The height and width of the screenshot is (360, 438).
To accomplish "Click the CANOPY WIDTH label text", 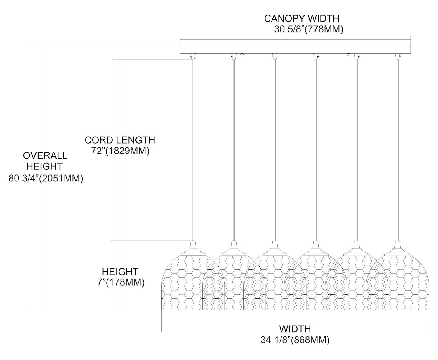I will click(302, 18).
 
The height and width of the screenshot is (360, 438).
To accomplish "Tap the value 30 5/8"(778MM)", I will click(309, 29).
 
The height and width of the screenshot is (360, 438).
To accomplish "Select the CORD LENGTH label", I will click(120, 140).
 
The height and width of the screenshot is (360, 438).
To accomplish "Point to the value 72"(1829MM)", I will click(121, 151).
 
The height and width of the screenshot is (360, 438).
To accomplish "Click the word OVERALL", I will click(45, 155).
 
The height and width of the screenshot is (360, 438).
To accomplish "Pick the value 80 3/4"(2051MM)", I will click(46, 178).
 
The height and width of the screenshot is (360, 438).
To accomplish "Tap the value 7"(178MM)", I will click(120, 282).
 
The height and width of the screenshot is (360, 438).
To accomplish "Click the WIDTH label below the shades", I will click(295, 329).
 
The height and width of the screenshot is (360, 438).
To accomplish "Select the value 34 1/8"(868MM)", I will click(295, 340).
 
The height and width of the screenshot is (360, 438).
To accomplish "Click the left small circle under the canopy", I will click(242, 55).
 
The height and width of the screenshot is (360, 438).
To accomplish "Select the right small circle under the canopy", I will click(348, 55).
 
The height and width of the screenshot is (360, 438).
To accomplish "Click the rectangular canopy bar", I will click(295, 50).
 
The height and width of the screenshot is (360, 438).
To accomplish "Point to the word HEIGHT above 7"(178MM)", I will click(120, 272).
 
